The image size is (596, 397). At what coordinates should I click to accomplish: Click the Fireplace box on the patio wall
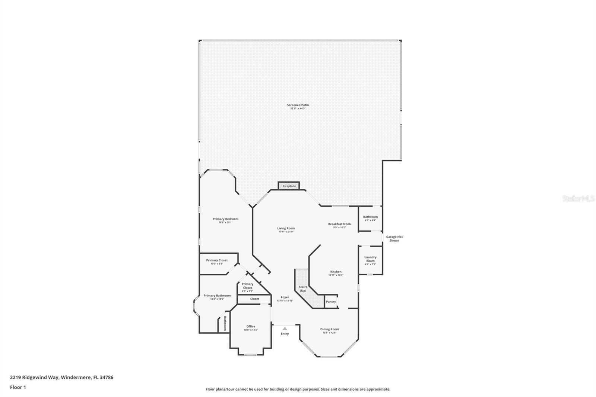(x=289, y=186)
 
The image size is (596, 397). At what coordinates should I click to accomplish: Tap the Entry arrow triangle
(x=285, y=328)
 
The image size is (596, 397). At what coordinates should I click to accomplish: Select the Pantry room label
(x=331, y=302)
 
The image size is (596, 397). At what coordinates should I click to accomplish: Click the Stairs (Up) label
(x=303, y=289)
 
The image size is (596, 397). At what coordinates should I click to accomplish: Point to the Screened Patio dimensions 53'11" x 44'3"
(x=298, y=109)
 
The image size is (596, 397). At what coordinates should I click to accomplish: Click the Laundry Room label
(x=370, y=259)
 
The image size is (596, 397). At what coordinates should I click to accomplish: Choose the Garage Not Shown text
(x=394, y=239)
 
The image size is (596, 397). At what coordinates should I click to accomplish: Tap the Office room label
(x=251, y=327)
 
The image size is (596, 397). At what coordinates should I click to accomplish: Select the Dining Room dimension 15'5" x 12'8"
(x=330, y=333)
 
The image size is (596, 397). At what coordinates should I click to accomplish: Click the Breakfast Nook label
(x=339, y=224)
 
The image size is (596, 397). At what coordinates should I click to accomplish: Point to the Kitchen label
(x=336, y=271)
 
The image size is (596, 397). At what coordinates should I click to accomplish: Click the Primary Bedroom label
(x=225, y=219)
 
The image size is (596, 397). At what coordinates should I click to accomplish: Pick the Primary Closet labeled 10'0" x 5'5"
(x=217, y=262)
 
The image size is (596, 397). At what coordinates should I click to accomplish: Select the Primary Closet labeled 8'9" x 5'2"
(x=247, y=288)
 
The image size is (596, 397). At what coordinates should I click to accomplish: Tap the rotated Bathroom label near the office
(x=225, y=324)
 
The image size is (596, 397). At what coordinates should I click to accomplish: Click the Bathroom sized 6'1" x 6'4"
(x=370, y=218)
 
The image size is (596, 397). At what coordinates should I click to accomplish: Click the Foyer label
(x=285, y=297)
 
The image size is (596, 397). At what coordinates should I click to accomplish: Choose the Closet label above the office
(x=255, y=299)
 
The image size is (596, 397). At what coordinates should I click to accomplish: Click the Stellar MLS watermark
(x=578, y=199)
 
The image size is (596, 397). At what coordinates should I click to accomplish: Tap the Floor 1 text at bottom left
(x=18, y=387)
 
